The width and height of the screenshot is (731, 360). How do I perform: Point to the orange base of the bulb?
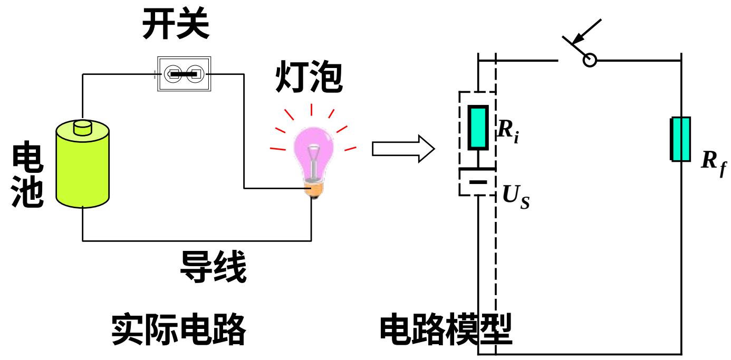point(313,189)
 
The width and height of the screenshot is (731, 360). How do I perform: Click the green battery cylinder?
point(83,169)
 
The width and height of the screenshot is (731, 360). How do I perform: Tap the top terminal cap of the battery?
point(83,128)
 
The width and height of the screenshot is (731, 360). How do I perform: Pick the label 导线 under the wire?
point(213,267)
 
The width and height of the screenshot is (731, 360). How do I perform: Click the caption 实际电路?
point(179,329)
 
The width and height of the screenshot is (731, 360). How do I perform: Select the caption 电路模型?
point(446,329)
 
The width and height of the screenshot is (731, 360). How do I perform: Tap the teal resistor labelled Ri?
point(478,127)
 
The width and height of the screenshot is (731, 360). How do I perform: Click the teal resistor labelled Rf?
point(680,139)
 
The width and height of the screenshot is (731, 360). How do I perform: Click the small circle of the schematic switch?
point(590,60)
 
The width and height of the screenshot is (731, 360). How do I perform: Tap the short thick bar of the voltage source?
point(477,182)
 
